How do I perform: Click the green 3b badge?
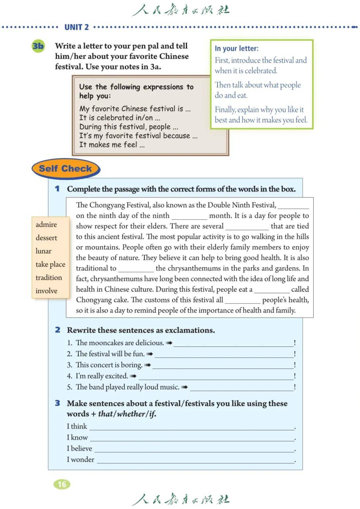click(x=38, y=46)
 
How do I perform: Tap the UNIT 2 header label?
click(x=76, y=27)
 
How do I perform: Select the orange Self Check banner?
click(x=66, y=168)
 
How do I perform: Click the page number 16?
click(x=62, y=484)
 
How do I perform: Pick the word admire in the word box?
click(x=46, y=224)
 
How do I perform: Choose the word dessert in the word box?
click(x=46, y=238)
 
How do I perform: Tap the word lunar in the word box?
click(x=44, y=251)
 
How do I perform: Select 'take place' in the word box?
click(x=50, y=264)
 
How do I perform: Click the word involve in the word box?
click(x=46, y=291)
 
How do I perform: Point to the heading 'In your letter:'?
click(x=237, y=48)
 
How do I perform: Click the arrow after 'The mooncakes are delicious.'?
click(x=169, y=343)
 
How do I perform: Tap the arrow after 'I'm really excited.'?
click(x=133, y=376)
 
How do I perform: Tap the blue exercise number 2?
click(x=58, y=330)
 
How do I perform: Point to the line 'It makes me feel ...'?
click(x=112, y=145)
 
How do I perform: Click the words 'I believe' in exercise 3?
click(x=79, y=448)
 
